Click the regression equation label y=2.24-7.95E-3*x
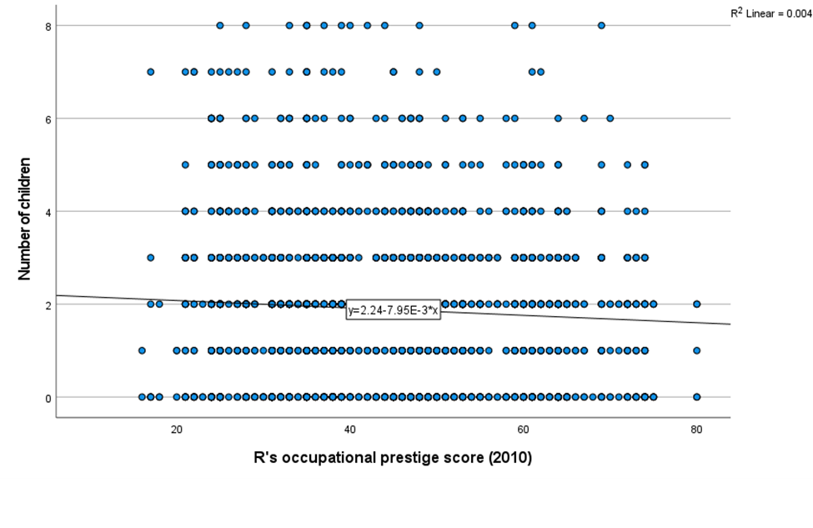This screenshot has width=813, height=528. [x=393, y=310]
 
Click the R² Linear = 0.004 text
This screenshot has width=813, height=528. [x=769, y=13]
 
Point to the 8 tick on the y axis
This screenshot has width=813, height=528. [x=48, y=26]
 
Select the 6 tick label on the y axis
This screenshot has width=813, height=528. [x=48, y=118]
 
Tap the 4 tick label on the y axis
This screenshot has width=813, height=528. [x=48, y=211]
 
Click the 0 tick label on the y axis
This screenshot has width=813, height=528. [x=48, y=397]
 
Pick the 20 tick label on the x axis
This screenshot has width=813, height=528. [x=176, y=430]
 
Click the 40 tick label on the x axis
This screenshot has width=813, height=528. [x=349, y=430]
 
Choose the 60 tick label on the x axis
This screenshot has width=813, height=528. [x=523, y=430]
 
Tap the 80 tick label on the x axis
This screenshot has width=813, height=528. [x=696, y=430]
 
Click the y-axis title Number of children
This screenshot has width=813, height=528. [x=26, y=218]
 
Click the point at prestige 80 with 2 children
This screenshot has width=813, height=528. [x=696, y=304]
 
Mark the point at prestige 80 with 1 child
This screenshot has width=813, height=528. [x=696, y=350]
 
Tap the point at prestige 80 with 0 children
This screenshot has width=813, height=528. [x=696, y=397]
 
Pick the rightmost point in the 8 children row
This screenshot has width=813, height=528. [x=601, y=26]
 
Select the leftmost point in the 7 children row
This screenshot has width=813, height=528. [x=150, y=72]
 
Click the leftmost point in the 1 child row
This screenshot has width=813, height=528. [x=142, y=350]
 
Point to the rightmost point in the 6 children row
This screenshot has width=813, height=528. [x=610, y=118]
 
